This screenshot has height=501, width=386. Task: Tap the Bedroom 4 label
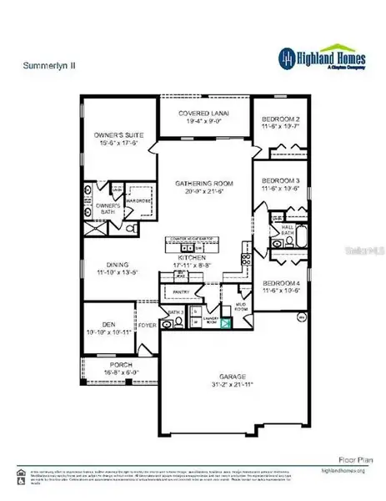tap(280, 286)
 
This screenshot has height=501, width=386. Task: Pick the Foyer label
tap(148, 326)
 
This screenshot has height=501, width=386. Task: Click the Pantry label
tap(181, 291)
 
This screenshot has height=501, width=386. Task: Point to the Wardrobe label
tap(138, 199)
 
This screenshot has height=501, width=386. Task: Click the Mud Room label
tap(243, 306)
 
